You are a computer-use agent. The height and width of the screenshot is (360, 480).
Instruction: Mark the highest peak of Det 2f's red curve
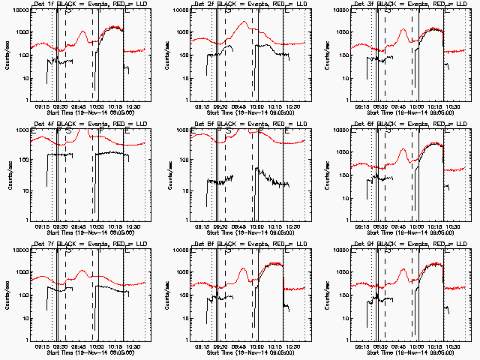tap(244, 22)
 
